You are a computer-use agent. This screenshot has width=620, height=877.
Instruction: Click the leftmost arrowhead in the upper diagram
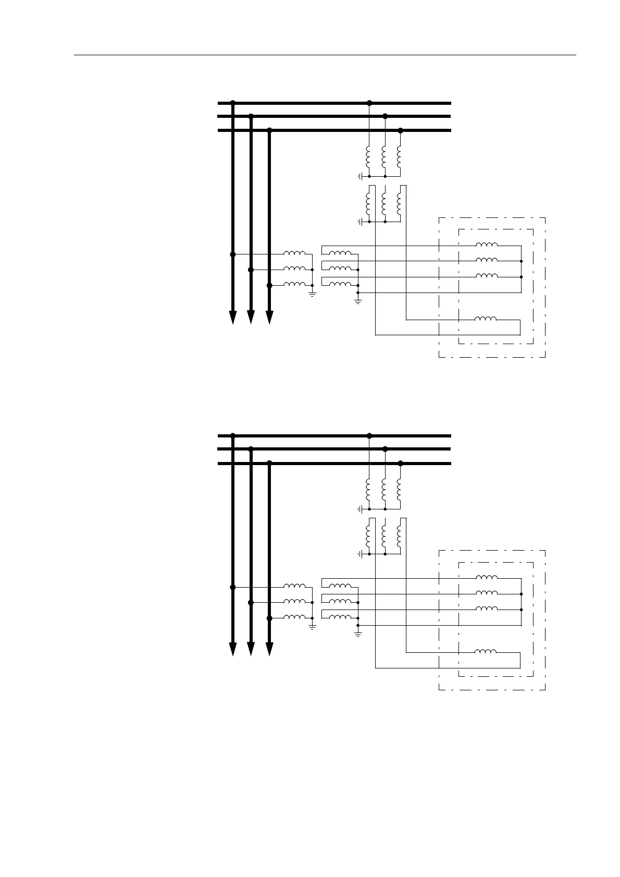point(233,318)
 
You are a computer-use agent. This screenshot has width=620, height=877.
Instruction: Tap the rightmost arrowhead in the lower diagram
point(269,650)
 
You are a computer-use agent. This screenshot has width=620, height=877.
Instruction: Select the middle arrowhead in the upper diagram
point(251,318)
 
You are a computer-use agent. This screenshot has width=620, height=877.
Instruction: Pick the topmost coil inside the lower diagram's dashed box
point(487,577)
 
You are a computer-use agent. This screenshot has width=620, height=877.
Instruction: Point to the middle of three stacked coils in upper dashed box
point(487,260)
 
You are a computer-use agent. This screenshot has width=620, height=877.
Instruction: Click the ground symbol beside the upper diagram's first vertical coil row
point(360,177)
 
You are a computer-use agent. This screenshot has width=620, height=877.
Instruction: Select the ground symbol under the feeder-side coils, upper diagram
point(312,294)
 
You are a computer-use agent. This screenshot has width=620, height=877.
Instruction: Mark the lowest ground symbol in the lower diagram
point(358,633)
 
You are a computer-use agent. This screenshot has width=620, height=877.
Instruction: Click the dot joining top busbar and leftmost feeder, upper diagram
point(233,103)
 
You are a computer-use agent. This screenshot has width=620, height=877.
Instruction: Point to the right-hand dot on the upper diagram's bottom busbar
point(400,130)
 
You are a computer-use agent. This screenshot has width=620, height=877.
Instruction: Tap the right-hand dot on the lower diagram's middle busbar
point(385,449)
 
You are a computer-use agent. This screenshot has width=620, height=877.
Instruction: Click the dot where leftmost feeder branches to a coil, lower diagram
point(233,587)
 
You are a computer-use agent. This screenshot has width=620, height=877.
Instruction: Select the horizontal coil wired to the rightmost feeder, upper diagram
point(294,284)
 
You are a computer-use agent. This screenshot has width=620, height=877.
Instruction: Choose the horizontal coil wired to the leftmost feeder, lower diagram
point(294,586)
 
